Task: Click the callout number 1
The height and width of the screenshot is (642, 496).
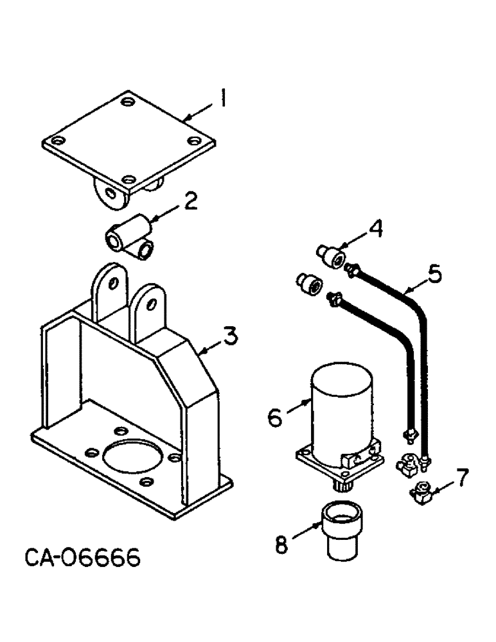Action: point(222,100)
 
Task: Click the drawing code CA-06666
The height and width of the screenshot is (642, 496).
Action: point(83,559)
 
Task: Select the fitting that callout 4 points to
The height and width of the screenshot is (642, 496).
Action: point(332,257)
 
